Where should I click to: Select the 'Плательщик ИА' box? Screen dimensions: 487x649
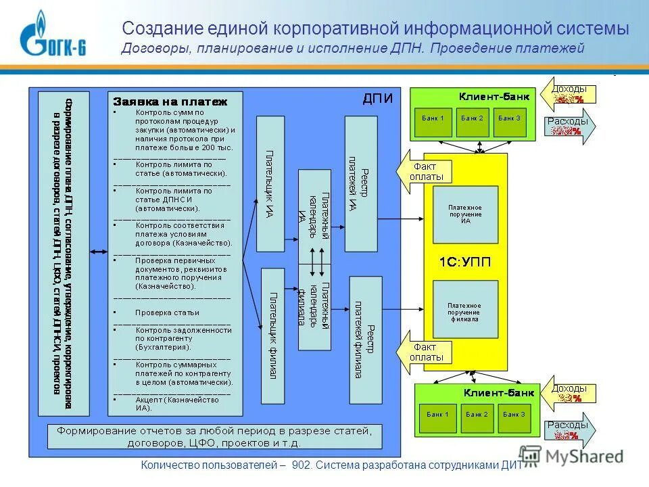point(270,183)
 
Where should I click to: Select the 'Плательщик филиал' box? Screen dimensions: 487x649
point(272,335)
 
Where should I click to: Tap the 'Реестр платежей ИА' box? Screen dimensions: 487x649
point(360,183)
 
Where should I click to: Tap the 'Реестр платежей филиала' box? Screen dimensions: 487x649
point(365,336)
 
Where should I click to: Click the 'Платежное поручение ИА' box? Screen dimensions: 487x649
point(465,214)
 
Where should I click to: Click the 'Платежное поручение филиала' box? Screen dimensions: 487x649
point(465,310)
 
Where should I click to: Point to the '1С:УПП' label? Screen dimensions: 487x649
point(465,262)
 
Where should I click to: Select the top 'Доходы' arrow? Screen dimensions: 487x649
point(570,95)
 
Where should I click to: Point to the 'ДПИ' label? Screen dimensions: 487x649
point(377,99)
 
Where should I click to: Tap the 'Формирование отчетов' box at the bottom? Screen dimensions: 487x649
point(215,437)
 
